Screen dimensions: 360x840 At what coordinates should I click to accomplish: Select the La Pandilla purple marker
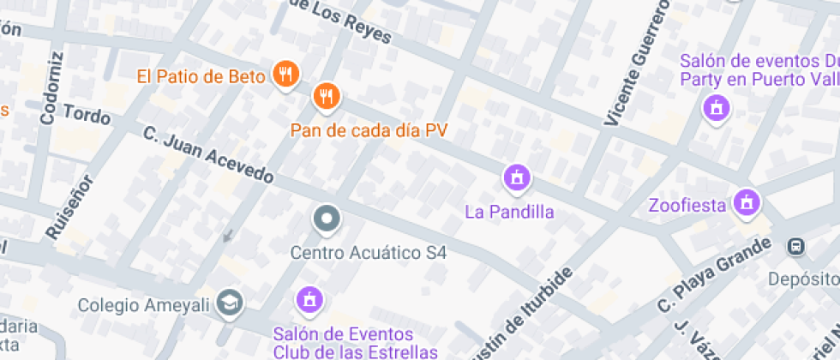pos(516,178)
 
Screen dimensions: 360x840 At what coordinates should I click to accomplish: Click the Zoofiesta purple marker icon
pos(747,203)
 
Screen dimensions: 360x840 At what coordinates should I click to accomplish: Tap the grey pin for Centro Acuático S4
pos(327,219)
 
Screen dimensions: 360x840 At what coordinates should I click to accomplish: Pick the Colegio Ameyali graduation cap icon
pos(230,303)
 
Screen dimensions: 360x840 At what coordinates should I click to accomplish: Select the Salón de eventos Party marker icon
pos(715,109)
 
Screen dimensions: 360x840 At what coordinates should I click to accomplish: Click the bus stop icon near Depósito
pos(796,247)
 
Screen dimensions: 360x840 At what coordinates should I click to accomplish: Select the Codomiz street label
pos(50,87)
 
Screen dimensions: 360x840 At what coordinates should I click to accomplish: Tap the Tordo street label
pos(87,114)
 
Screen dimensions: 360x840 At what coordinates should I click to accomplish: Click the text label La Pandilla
pos(509,212)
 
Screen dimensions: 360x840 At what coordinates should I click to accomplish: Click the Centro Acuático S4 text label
pos(369,253)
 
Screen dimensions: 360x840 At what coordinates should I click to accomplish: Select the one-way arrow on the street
pos(228,235)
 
